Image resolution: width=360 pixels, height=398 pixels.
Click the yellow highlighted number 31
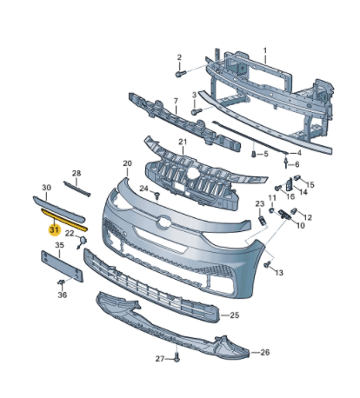[x=55, y=229]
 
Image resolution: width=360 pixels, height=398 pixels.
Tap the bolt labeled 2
[x=180, y=74]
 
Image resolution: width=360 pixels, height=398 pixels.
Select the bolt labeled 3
[x=196, y=111]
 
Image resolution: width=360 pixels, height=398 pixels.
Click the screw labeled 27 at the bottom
[x=177, y=357]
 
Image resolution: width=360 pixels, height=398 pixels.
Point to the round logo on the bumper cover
[x=163, y=222]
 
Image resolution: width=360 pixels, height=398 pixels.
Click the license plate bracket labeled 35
[x=62, y=266]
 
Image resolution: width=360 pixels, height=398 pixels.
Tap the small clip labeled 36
[x=62, y=282]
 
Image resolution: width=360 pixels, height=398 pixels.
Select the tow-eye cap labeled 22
[x=82, y=242]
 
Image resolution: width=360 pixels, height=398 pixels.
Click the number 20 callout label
[x=127, y=163]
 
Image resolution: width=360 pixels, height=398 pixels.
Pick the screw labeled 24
[x=157, y=196]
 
